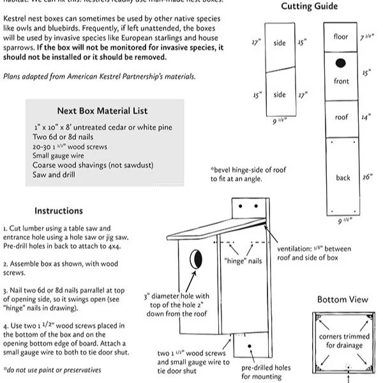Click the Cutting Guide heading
(310, 7)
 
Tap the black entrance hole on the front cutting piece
(341, 63)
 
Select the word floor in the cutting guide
(342, 37)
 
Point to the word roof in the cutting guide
(342, 117)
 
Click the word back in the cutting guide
(343, 178)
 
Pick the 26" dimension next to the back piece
(366, 177)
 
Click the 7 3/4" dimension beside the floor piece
(366, 38)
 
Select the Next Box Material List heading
(105, 111)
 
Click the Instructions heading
(59, 211)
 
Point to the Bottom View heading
(342, 299)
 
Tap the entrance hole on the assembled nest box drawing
(197, 259)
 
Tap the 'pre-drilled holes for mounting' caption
(266, 372)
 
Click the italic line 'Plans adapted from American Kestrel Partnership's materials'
(99, 77)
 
